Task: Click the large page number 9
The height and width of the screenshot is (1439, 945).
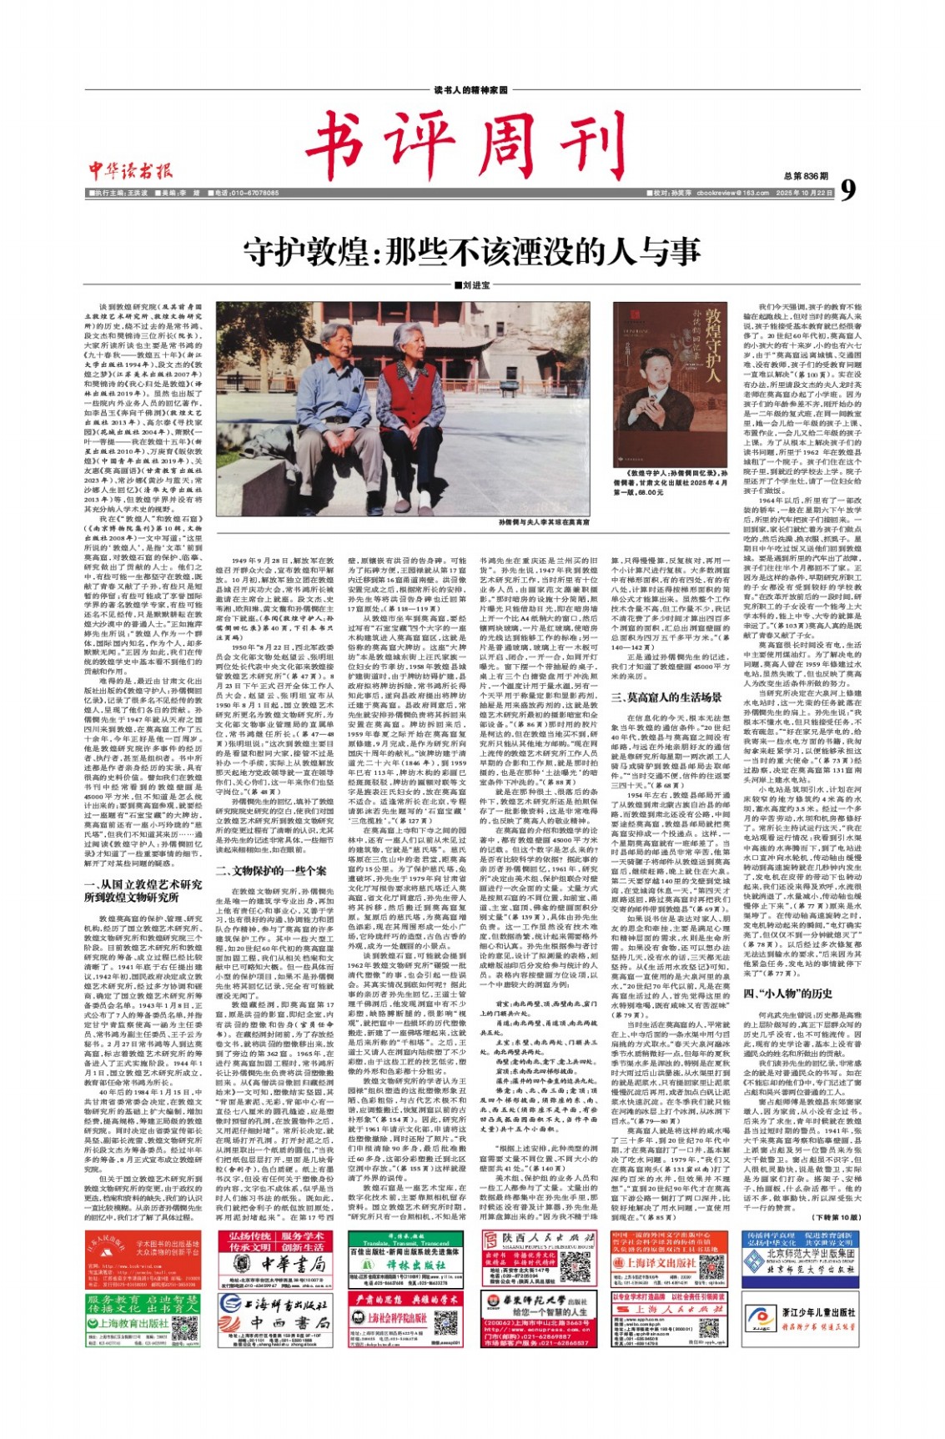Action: click(x=847, y=191)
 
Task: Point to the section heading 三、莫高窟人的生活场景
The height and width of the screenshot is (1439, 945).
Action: click(x=666, y=697)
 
